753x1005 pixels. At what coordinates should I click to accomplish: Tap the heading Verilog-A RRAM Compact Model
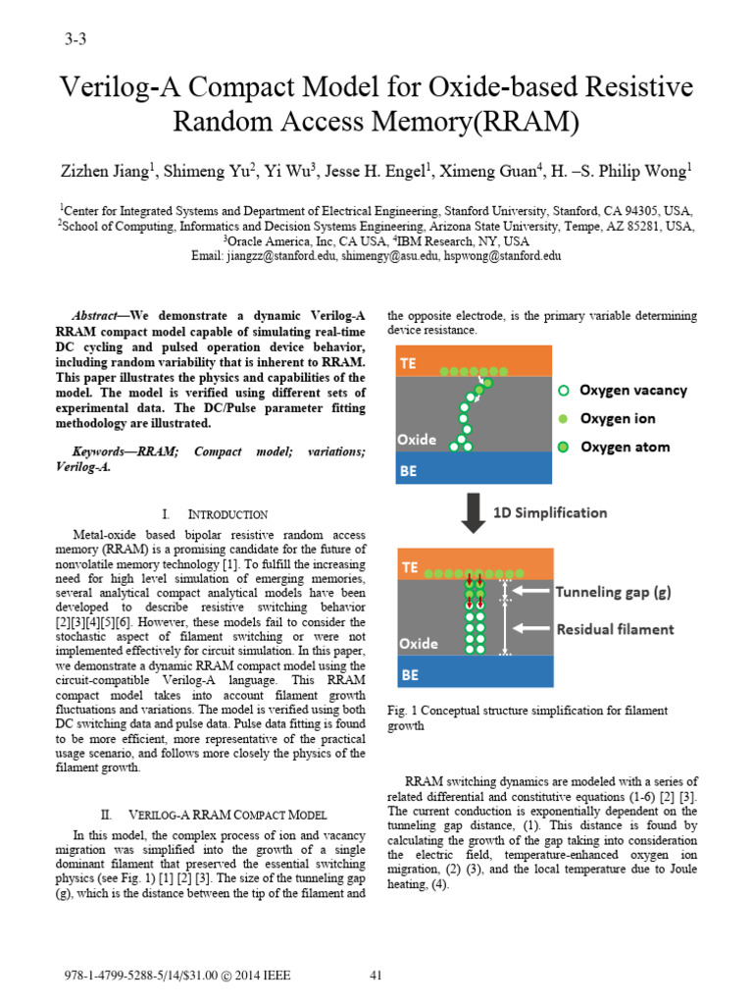(x=234, y=815)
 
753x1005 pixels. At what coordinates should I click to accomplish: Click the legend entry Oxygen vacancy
(x=632, y=390)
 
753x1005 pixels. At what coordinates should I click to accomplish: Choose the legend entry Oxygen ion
(x=618, y=418)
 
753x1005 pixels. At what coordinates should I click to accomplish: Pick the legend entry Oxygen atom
(x=625, y=447)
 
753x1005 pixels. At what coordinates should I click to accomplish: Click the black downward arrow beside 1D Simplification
(x=474, y=512)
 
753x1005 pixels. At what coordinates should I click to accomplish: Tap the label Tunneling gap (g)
(x=614, y=591)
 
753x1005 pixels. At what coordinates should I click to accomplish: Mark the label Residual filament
(x=615, y=629)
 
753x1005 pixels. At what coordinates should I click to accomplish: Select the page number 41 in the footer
(x=375, y=976)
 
